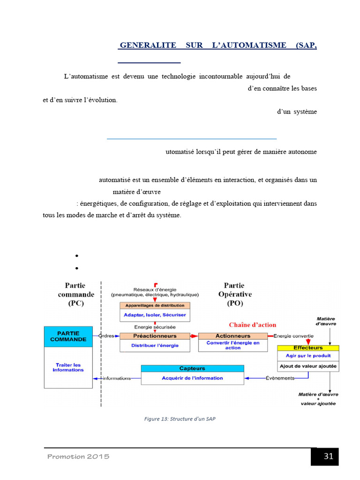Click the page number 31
[x=328, y=457]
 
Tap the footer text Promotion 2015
[x=78, y=457]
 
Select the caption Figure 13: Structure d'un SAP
[x=180, y=419]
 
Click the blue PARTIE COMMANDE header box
[x=68, y=337]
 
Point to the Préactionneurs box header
[x=155, y=336]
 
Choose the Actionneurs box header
[x=232, y=336]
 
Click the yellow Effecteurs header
[x=308, y=348]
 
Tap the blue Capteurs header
[x=192, y=368]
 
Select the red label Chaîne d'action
[x=253, y=325]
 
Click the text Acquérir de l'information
[x=192, y=378]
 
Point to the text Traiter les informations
[x=68, y=367]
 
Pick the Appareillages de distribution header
[x=155, y=306]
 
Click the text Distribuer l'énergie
[x=155, y=346]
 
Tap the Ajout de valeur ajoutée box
[x=308, y=366]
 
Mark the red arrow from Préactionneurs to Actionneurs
[x=195, y=336]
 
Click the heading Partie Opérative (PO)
[x=235, y=294]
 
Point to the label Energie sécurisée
[x=155, y=327]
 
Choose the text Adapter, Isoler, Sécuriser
[x=155, y=315]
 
